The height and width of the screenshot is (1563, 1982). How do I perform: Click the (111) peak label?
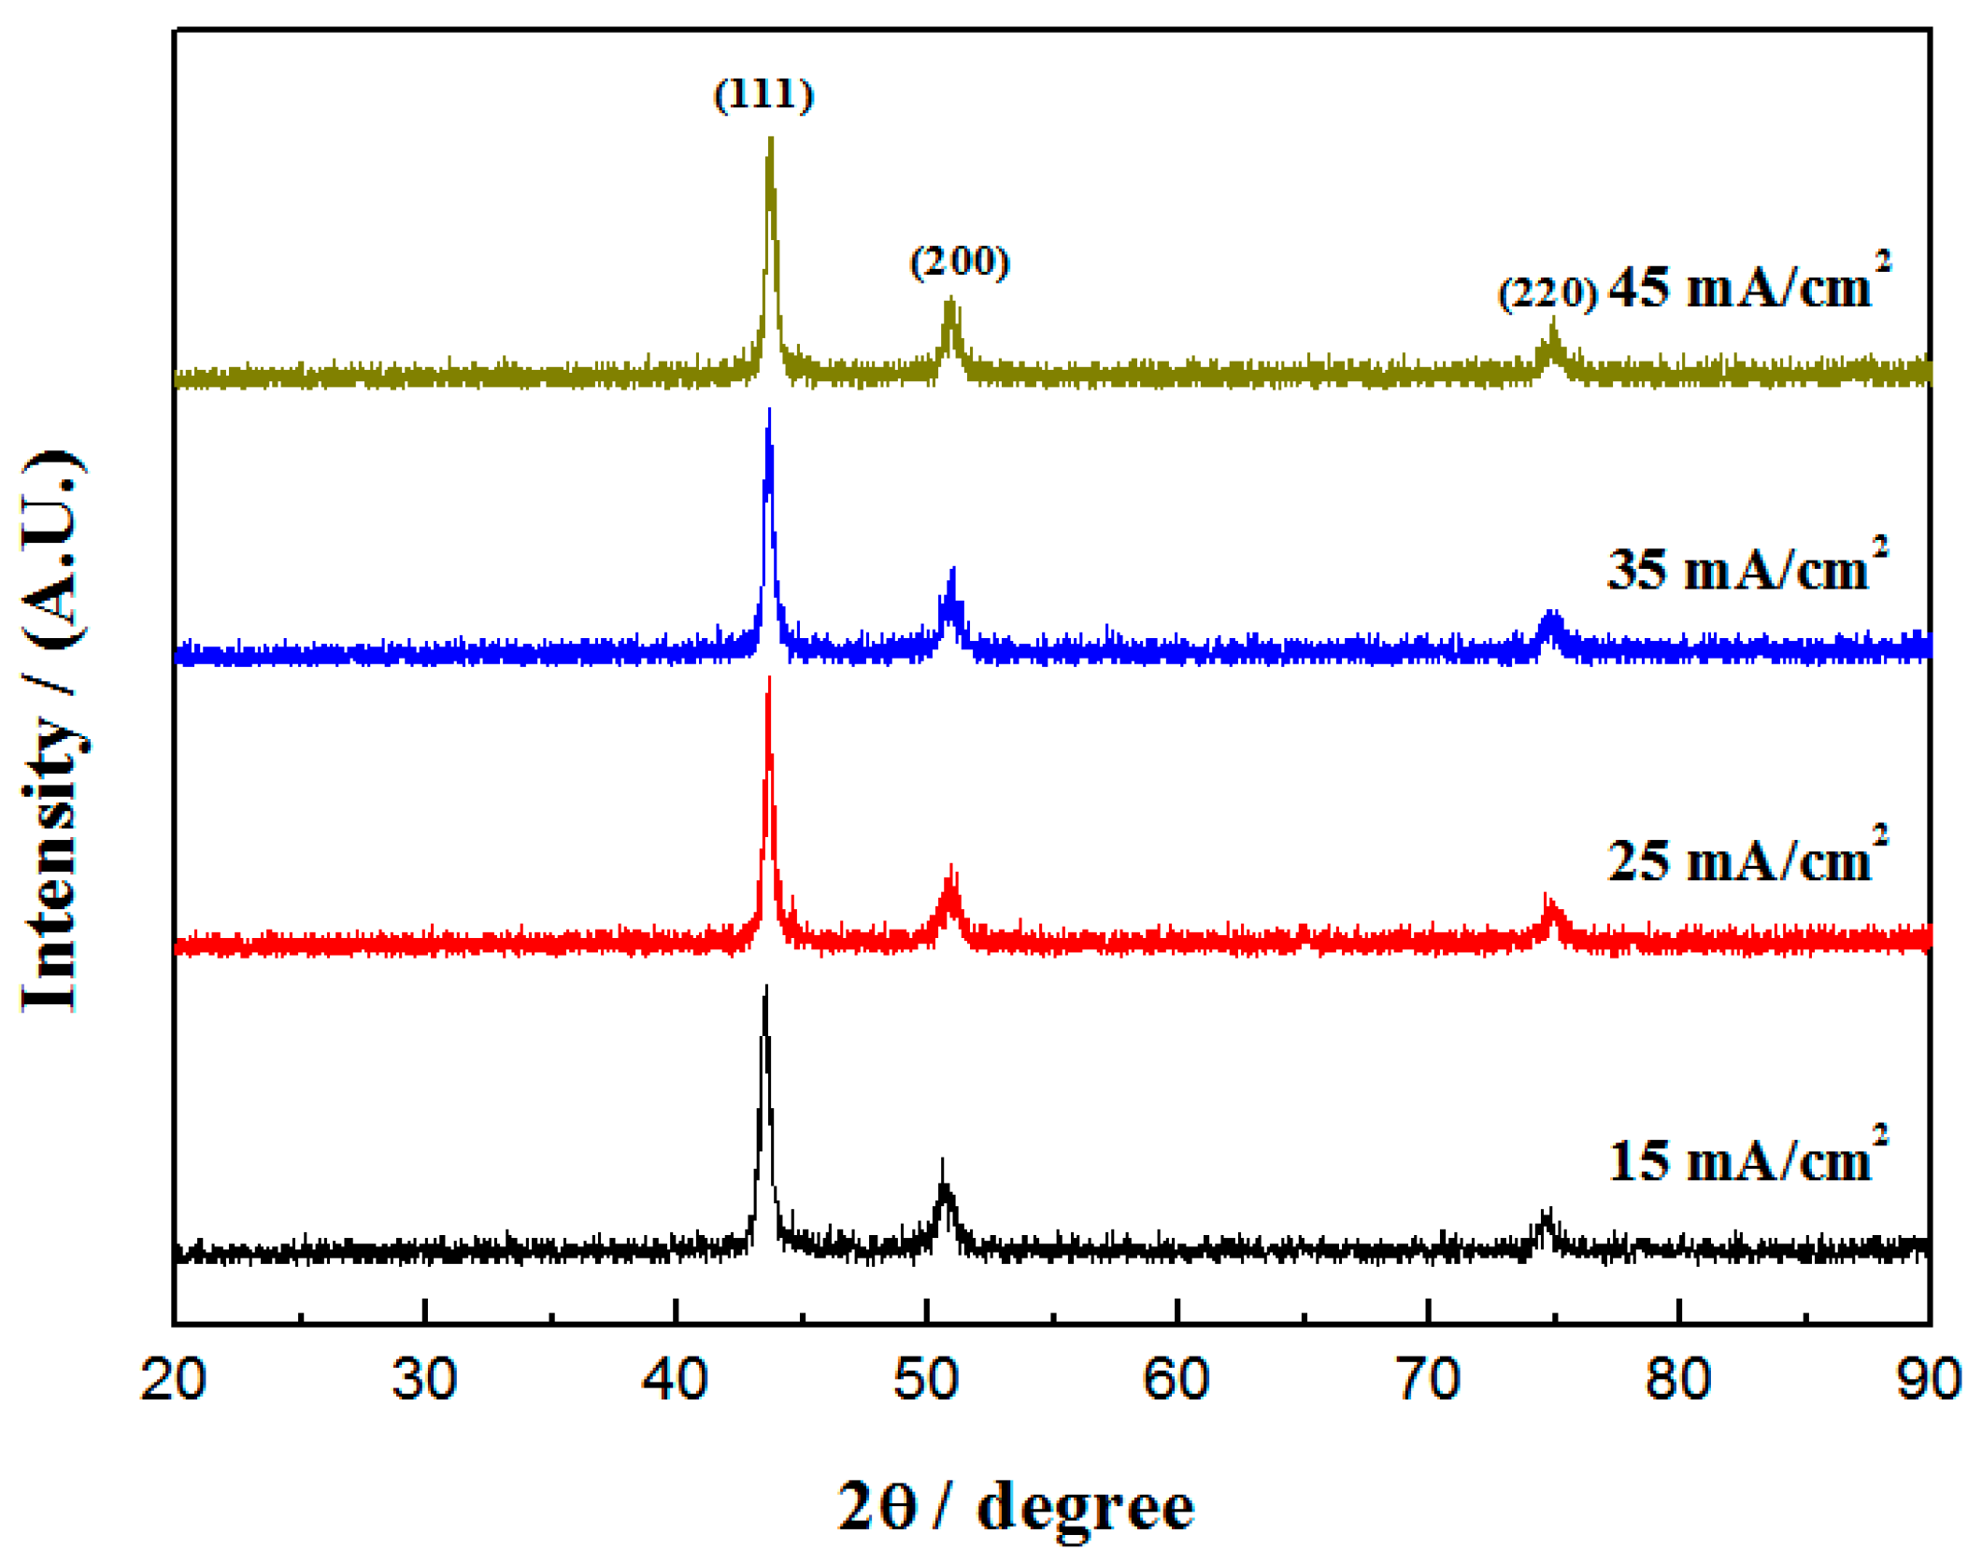763,94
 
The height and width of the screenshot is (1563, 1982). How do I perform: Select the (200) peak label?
960,262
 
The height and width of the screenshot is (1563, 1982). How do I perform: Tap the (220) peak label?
1547,293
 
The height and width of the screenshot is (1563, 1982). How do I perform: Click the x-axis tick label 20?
174,1379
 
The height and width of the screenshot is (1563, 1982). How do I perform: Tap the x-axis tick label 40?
675,1379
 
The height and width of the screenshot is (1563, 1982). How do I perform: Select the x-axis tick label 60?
1176,1379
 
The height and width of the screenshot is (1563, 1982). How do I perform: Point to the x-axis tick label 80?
1678,1379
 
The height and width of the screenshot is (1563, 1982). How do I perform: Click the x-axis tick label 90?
1929,1379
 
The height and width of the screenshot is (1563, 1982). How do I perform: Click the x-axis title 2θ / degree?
1015,1506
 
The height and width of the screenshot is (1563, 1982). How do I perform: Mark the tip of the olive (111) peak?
770,139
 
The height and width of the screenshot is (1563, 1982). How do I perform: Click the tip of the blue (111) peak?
769,410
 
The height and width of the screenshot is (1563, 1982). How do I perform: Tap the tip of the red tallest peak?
768,678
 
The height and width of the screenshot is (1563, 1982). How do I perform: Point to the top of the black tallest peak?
766,987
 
